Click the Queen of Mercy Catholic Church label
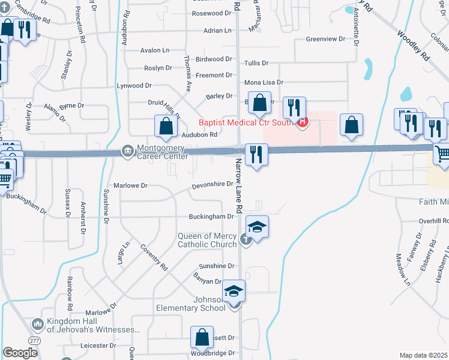pyautogui.click(x=207, y=240)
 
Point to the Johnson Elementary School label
pyautogui.click(x=192, y=304)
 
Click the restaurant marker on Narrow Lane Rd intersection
pyautogui.click(x=257, y=154)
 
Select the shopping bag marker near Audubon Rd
pyautogui.click(x=166, y=126)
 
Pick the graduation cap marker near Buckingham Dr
pyautogui.click(x=257, y=227)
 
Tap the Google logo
pyautogui.click(x=20, y=353)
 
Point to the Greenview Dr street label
pyautogui.click(x=326, y=39)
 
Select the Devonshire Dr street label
pyautogui.click(x=212, y=184)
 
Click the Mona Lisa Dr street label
pyautogui.click(x=264, y=82)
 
